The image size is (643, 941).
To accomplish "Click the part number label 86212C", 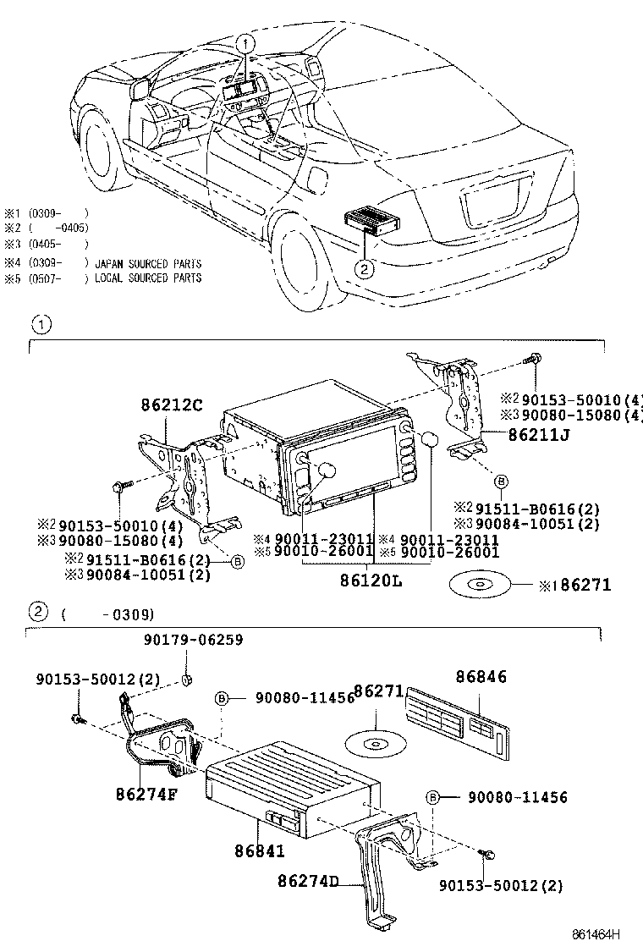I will pos(171,405).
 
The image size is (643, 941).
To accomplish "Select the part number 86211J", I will pos(539,435).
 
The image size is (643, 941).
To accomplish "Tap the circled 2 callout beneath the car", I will pos(363,270).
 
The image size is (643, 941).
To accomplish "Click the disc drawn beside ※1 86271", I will pos(478,584).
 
